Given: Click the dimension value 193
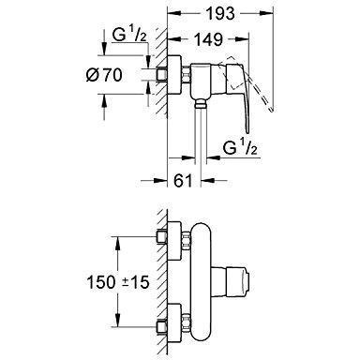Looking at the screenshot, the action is point(220,13).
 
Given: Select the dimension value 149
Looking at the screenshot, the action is point(209,39).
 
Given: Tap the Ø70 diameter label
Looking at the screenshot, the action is point(104,75).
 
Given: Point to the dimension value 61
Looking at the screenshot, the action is point(183,180).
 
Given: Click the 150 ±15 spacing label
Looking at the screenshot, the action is point(118,282).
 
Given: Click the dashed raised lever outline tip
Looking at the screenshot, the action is point(272,110).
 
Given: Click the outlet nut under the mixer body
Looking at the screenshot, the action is point(201,103).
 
